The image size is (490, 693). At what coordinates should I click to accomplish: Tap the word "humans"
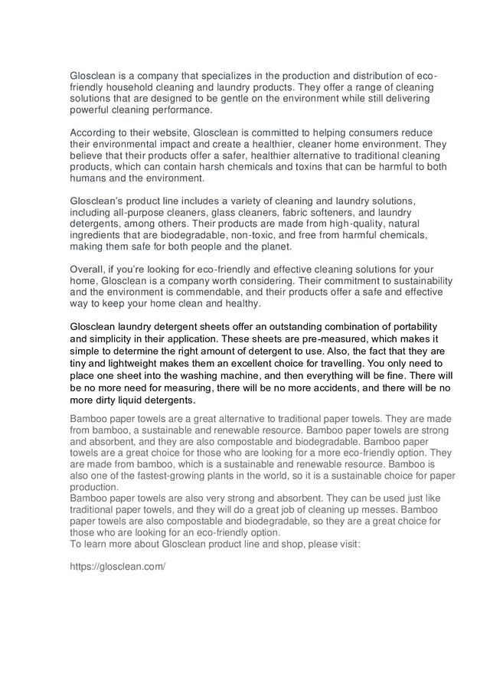coord(89,178)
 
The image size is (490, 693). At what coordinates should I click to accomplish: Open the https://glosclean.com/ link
coord(117,567)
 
